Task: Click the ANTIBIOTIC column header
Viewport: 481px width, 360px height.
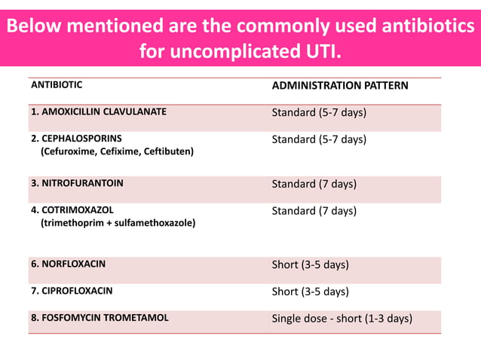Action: (57, 85)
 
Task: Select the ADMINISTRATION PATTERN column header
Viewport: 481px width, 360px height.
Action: (339, 85)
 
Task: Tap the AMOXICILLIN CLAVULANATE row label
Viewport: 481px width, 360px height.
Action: (98, 112)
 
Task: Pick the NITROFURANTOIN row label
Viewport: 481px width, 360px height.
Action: (77, 183)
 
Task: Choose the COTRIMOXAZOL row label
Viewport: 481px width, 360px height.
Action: (72, 210)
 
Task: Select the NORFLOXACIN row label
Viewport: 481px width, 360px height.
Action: (68, 264)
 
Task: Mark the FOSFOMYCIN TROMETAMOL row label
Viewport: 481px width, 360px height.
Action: (100, 318)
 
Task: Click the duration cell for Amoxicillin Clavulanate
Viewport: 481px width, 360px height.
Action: (319, 112)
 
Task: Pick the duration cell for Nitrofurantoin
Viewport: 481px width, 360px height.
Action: (314, 183)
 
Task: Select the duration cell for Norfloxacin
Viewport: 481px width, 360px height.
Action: (310, 264)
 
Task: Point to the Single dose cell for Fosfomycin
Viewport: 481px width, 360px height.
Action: (342, 318)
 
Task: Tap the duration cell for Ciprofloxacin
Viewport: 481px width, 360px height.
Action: (310, 291)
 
